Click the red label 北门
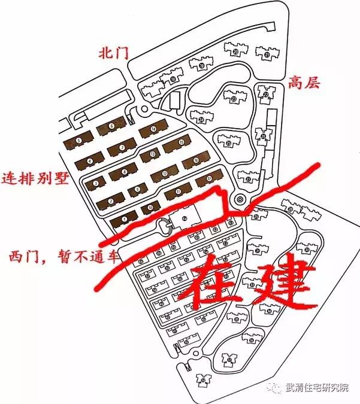click(x=114, y=53)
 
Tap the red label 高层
click(x=304, y=82)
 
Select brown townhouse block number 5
click(x=78, y=141)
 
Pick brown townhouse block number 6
click(x=112, y=126)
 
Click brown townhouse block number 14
click(x=153, y=129)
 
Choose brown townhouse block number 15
click(x=181, y=142)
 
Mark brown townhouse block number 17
click(x=209, y=178)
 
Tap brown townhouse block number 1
click(x=124, y=219)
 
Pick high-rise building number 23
click(x=233, y=99)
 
